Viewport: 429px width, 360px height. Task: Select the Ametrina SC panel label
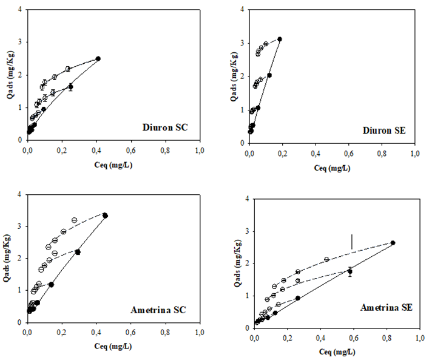pos(158,310)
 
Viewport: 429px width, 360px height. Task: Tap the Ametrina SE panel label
pos(387,308)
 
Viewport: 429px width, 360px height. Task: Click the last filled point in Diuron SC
pos(98,59)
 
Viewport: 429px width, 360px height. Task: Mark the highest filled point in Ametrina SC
pos(106,216)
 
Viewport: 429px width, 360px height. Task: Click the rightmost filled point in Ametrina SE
pos(393,243)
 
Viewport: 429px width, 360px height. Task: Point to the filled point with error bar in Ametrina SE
pos(350,271)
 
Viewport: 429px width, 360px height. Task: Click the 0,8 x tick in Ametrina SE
pos(387,336)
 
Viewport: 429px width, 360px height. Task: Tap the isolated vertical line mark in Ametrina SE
pos(351,241)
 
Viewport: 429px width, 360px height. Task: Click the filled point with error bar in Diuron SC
pos(70,87)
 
